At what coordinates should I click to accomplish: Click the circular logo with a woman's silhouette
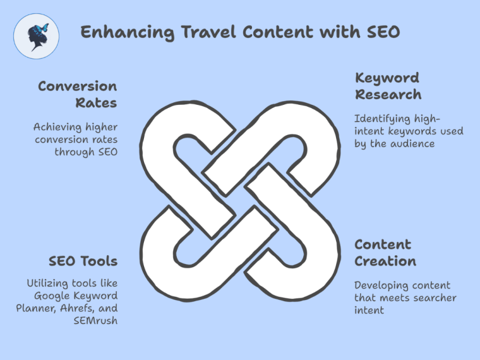click(36, 36)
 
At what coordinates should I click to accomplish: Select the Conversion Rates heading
click(77, 94)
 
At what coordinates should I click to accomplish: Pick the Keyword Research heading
click(388, 87)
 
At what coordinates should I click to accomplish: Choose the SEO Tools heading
click(83, 261)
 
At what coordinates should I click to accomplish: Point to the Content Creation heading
click(385, 253)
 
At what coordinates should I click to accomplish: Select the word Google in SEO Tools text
click(52, 296)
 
